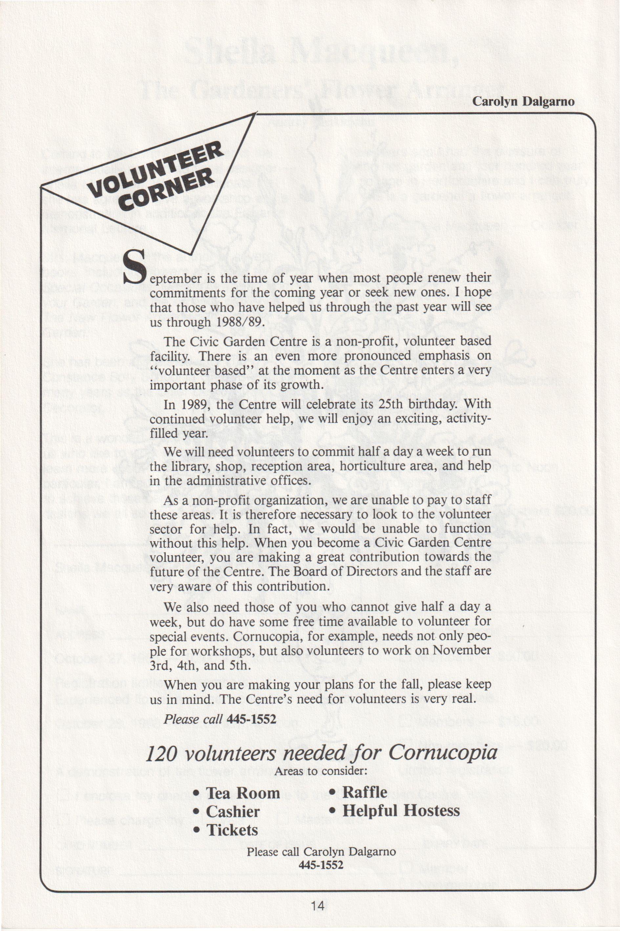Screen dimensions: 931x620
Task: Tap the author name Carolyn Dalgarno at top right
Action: (x=523, y=102)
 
